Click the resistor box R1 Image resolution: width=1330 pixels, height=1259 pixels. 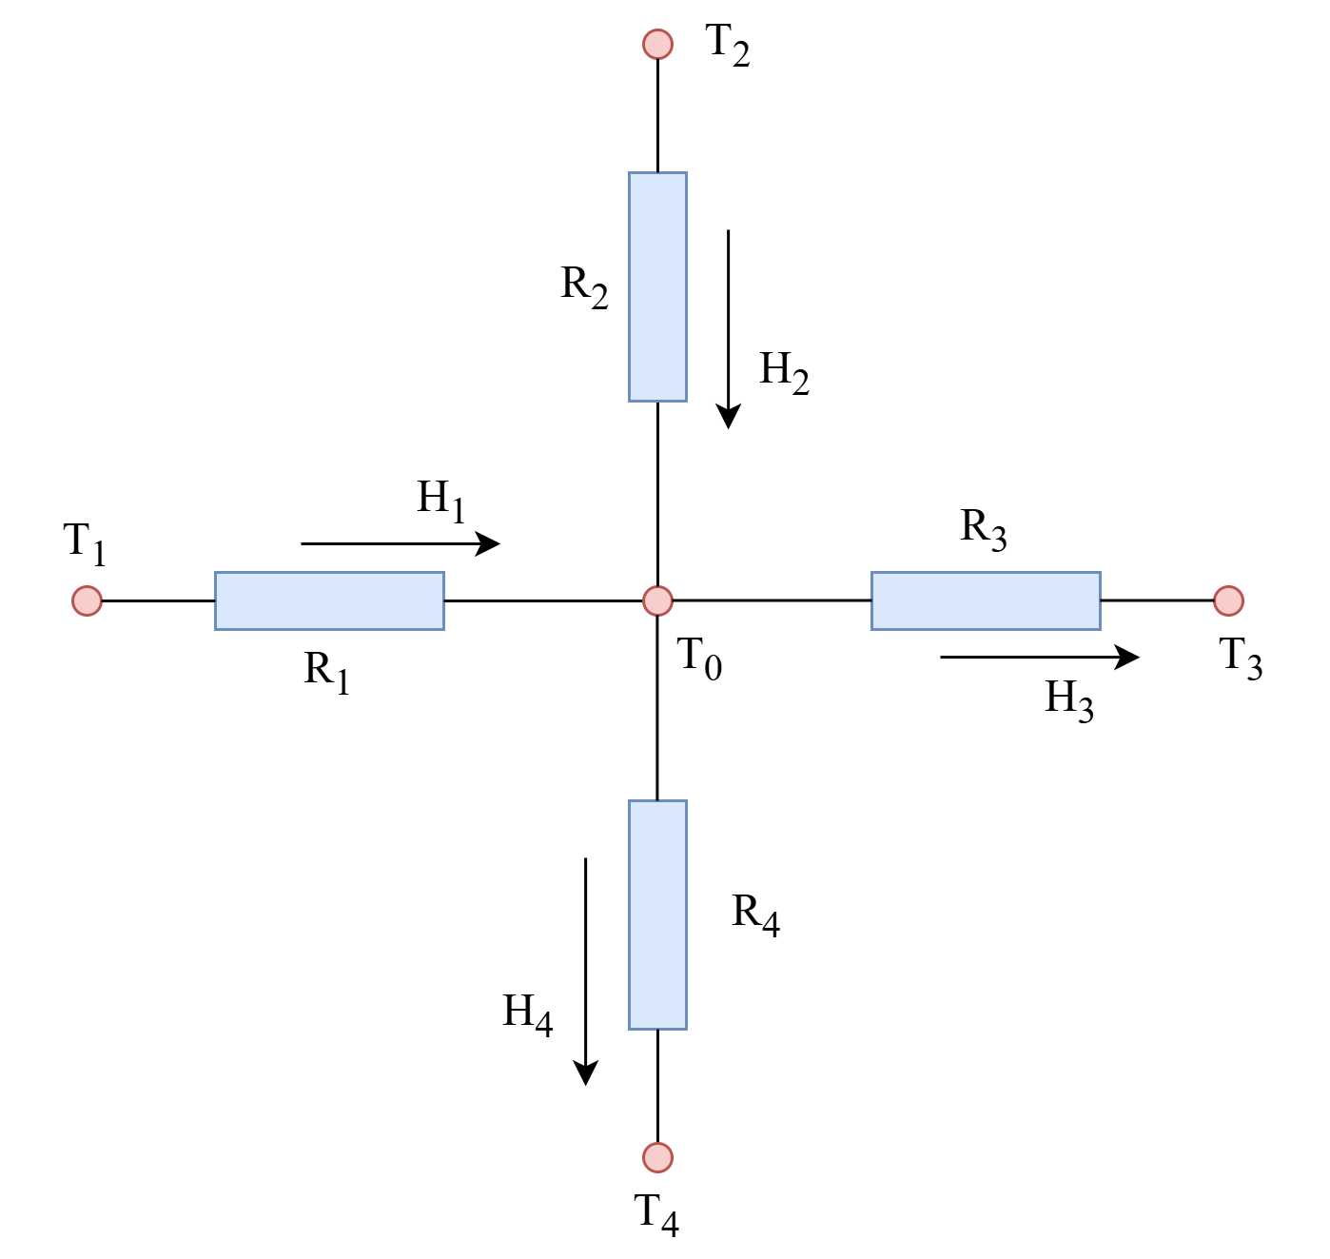[x=329, y=600]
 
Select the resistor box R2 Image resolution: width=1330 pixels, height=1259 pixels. [x=657, y=286]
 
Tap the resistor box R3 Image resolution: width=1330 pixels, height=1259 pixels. [x=986, y=600]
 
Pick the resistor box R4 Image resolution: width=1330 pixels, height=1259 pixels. [x=657, y=915]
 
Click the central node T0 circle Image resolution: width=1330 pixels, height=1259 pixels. [x=657, y=600]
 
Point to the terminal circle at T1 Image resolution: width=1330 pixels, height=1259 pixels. [x=87, y=600]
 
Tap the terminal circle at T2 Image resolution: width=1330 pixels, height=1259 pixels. [x=657, y=44]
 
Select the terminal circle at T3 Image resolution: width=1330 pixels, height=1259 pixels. [x=1228, y=600]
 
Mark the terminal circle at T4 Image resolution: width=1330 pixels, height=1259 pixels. [x=657, y=1157]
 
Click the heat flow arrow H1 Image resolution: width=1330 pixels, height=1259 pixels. [x=400, y=543]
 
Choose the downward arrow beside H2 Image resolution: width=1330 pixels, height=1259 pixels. [x=729, y=328]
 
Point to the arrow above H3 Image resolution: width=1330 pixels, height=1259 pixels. [x=1039, y=658]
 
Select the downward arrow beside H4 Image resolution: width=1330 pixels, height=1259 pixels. [x=585, y=971]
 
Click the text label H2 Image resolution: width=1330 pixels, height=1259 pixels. [x=784, y=371]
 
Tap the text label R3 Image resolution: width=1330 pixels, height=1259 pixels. [x=984, y=529]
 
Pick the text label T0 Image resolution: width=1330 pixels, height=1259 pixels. [x=699, y=659]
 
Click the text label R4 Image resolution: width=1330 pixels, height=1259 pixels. [x=756, y=915]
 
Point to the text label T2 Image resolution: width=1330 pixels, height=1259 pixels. [x=728, y=45]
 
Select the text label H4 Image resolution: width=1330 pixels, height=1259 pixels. [x=528, y=1014]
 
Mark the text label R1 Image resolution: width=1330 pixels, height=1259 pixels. [x=327, y=673]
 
